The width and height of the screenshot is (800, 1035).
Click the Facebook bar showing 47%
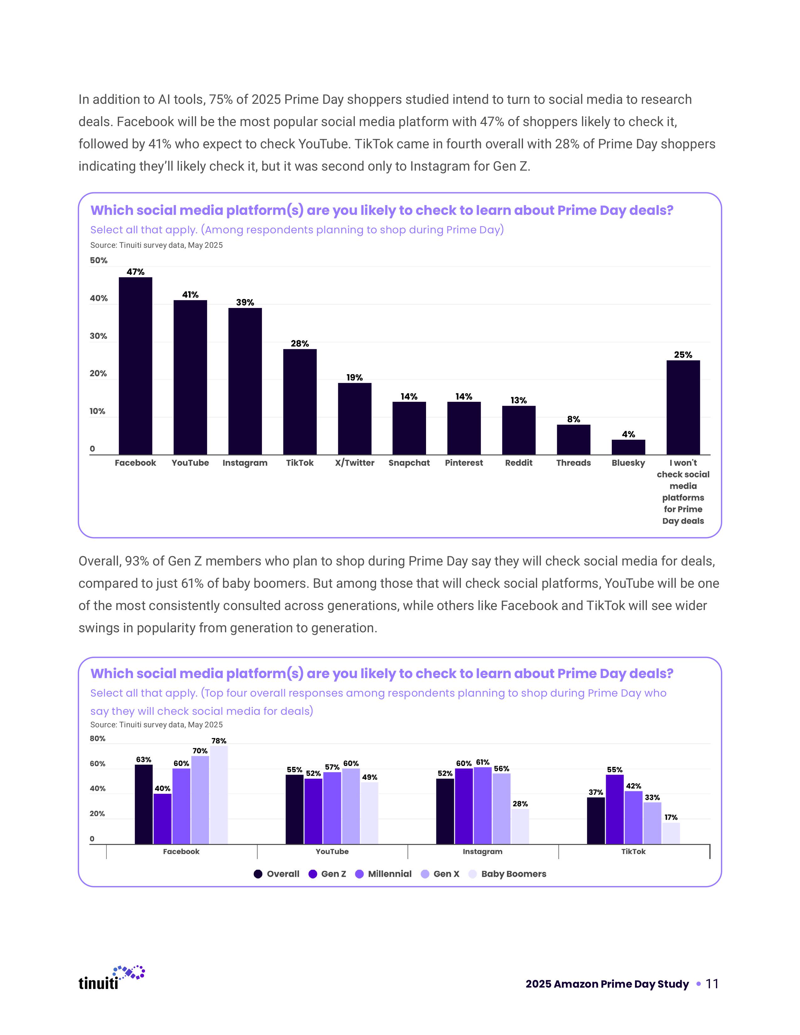pos(135,366)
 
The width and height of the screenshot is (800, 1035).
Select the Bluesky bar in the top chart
pos(628,447)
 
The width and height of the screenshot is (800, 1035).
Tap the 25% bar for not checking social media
pos(683,407)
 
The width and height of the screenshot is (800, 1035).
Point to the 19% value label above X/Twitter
pos(355,378)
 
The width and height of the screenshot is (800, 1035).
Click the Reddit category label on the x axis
pos(519,463)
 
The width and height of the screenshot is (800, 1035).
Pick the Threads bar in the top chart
pos(573,440)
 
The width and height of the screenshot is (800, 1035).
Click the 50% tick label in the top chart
pos(99,261)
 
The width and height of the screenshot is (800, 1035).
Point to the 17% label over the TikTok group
pos(671,817)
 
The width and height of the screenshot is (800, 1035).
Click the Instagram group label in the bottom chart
pos(483,852)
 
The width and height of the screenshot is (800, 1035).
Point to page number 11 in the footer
pos(712,984)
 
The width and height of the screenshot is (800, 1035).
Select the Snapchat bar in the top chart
pos(409,428)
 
